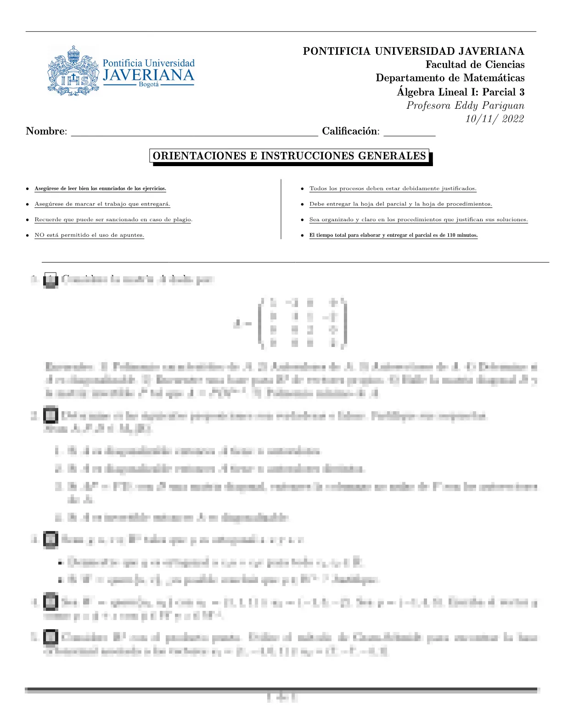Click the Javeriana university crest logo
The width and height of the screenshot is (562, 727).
point(73,71)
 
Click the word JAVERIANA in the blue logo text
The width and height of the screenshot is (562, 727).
point(148,75)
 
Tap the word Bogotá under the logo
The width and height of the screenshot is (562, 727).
point(148,85)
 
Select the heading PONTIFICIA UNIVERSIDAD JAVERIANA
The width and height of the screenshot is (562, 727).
point(413,51)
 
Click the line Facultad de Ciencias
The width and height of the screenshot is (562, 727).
point(475,65)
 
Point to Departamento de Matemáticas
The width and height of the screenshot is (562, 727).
point(450,78)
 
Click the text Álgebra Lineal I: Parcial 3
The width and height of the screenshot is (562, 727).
point(461,92)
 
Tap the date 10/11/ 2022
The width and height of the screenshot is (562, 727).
point(495,119)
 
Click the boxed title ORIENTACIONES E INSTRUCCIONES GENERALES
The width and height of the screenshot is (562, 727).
point(290,156)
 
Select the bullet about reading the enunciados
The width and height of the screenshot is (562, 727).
point(100,189)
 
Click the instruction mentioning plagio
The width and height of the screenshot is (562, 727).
point(113,220)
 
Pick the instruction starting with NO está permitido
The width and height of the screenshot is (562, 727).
point(89,235)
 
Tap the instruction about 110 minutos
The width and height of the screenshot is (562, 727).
point(393,235)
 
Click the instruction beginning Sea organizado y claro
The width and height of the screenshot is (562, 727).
point(418,220)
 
